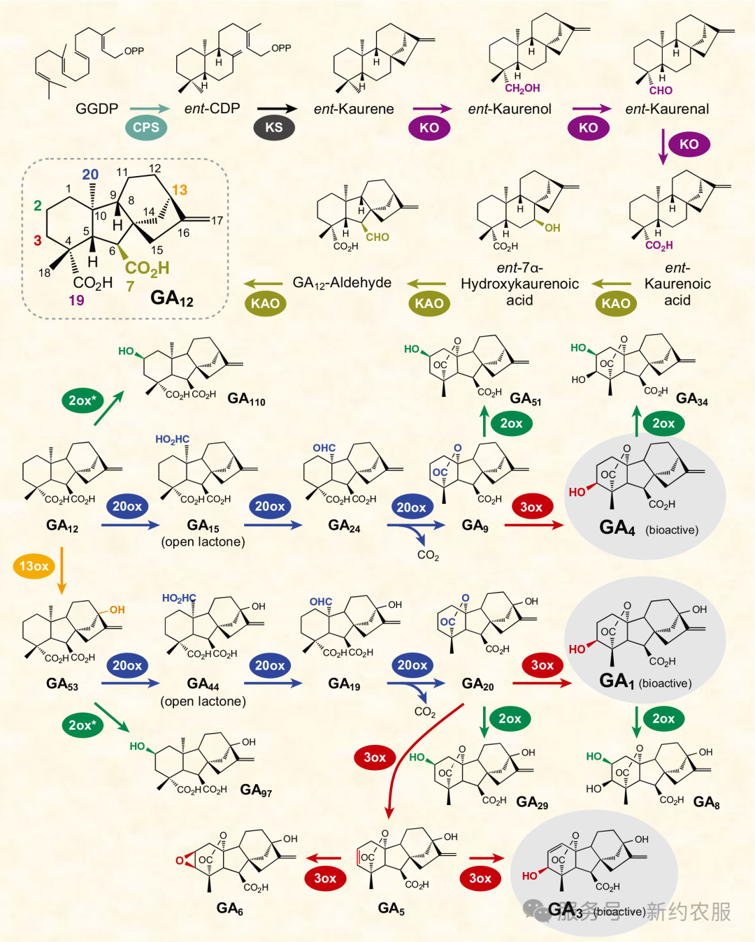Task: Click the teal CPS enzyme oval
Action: click(146, 127)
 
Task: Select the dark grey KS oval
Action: click(273, 127)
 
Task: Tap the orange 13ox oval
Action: click(34, 566)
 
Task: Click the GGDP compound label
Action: click(96, 109)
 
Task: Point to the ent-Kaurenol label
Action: click(510, 109)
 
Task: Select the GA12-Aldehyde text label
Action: click(342, 283)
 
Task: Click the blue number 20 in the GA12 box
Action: click(90, 175)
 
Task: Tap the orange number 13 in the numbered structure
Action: click(180, 190)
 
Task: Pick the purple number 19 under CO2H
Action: click(76, 300)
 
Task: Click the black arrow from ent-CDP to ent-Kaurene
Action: click(277, 108)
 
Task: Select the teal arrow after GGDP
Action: click(150, 108)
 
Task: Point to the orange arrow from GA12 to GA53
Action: click(62, 570)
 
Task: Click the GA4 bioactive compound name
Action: click(617, 528)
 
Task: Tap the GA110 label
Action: click(246, 399)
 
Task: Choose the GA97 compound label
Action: click(256, 790)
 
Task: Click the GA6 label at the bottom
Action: click(229, 908)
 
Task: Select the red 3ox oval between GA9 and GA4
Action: click(531, 507)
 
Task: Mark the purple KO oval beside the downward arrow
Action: click(689, 144)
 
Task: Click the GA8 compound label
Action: click(706, 802)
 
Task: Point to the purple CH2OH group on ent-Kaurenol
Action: click(522, 89)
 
